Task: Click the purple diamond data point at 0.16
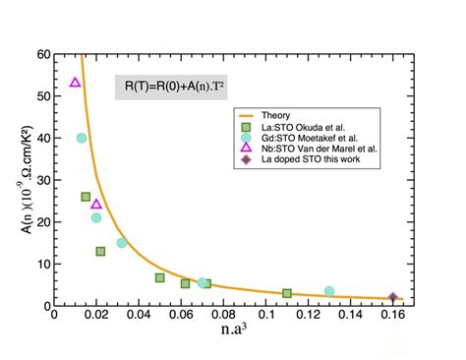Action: pos(392,297)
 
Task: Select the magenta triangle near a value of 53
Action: pos(76,83)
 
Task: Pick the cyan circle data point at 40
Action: pos(82,138)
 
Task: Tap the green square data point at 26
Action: pos(87,197)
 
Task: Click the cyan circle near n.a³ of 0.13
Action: pos(329,291)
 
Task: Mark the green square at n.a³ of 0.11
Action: pos(287,293)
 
